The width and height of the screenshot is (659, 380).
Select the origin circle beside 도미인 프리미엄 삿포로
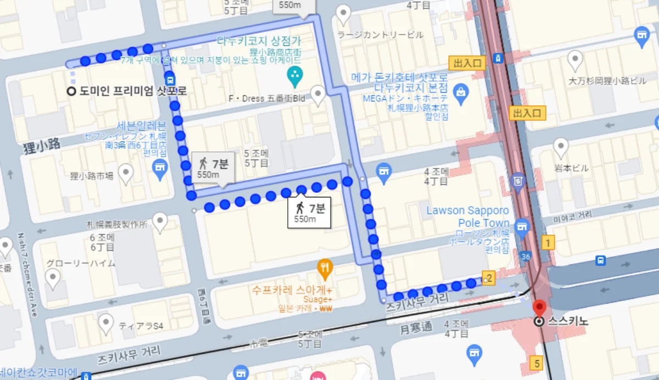click(71, 92)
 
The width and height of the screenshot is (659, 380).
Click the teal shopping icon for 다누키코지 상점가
click(295, 77)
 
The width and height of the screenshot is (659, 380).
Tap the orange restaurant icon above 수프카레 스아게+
click(325, 267)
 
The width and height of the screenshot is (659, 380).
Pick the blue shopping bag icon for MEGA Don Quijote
click(461, 91)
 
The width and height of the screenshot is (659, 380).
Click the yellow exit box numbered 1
click(548, 242)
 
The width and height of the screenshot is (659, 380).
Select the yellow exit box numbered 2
click(489, 278)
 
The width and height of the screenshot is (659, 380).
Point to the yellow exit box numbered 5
click(537, 362)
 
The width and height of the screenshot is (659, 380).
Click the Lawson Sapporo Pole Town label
click(468, 217)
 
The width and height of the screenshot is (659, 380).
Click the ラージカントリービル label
click(381, 35)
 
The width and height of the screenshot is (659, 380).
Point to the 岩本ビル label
click(560, 168)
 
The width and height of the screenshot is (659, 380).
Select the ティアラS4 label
click(141, 326)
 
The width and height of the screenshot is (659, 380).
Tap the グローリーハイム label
click(80, 263)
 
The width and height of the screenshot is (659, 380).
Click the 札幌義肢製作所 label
click(117, 224)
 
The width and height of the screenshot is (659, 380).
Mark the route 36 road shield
click(526, 256)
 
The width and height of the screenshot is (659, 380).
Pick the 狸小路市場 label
click(92, 176)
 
